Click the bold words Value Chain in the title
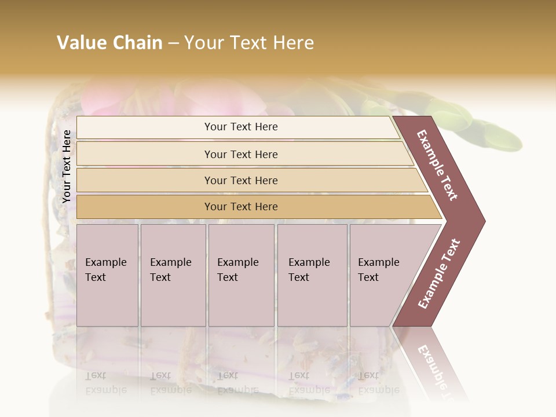109,43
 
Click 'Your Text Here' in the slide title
249,43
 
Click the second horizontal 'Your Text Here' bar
241,154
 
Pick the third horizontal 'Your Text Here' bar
241,180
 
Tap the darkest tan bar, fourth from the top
241,207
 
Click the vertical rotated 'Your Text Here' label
67,166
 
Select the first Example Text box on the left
107,275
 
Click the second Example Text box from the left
173,275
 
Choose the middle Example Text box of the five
241,275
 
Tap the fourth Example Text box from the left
312,275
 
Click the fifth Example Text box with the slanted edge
382,275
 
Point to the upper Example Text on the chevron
438,165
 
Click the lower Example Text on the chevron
439,273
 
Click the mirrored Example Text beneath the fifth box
378,383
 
